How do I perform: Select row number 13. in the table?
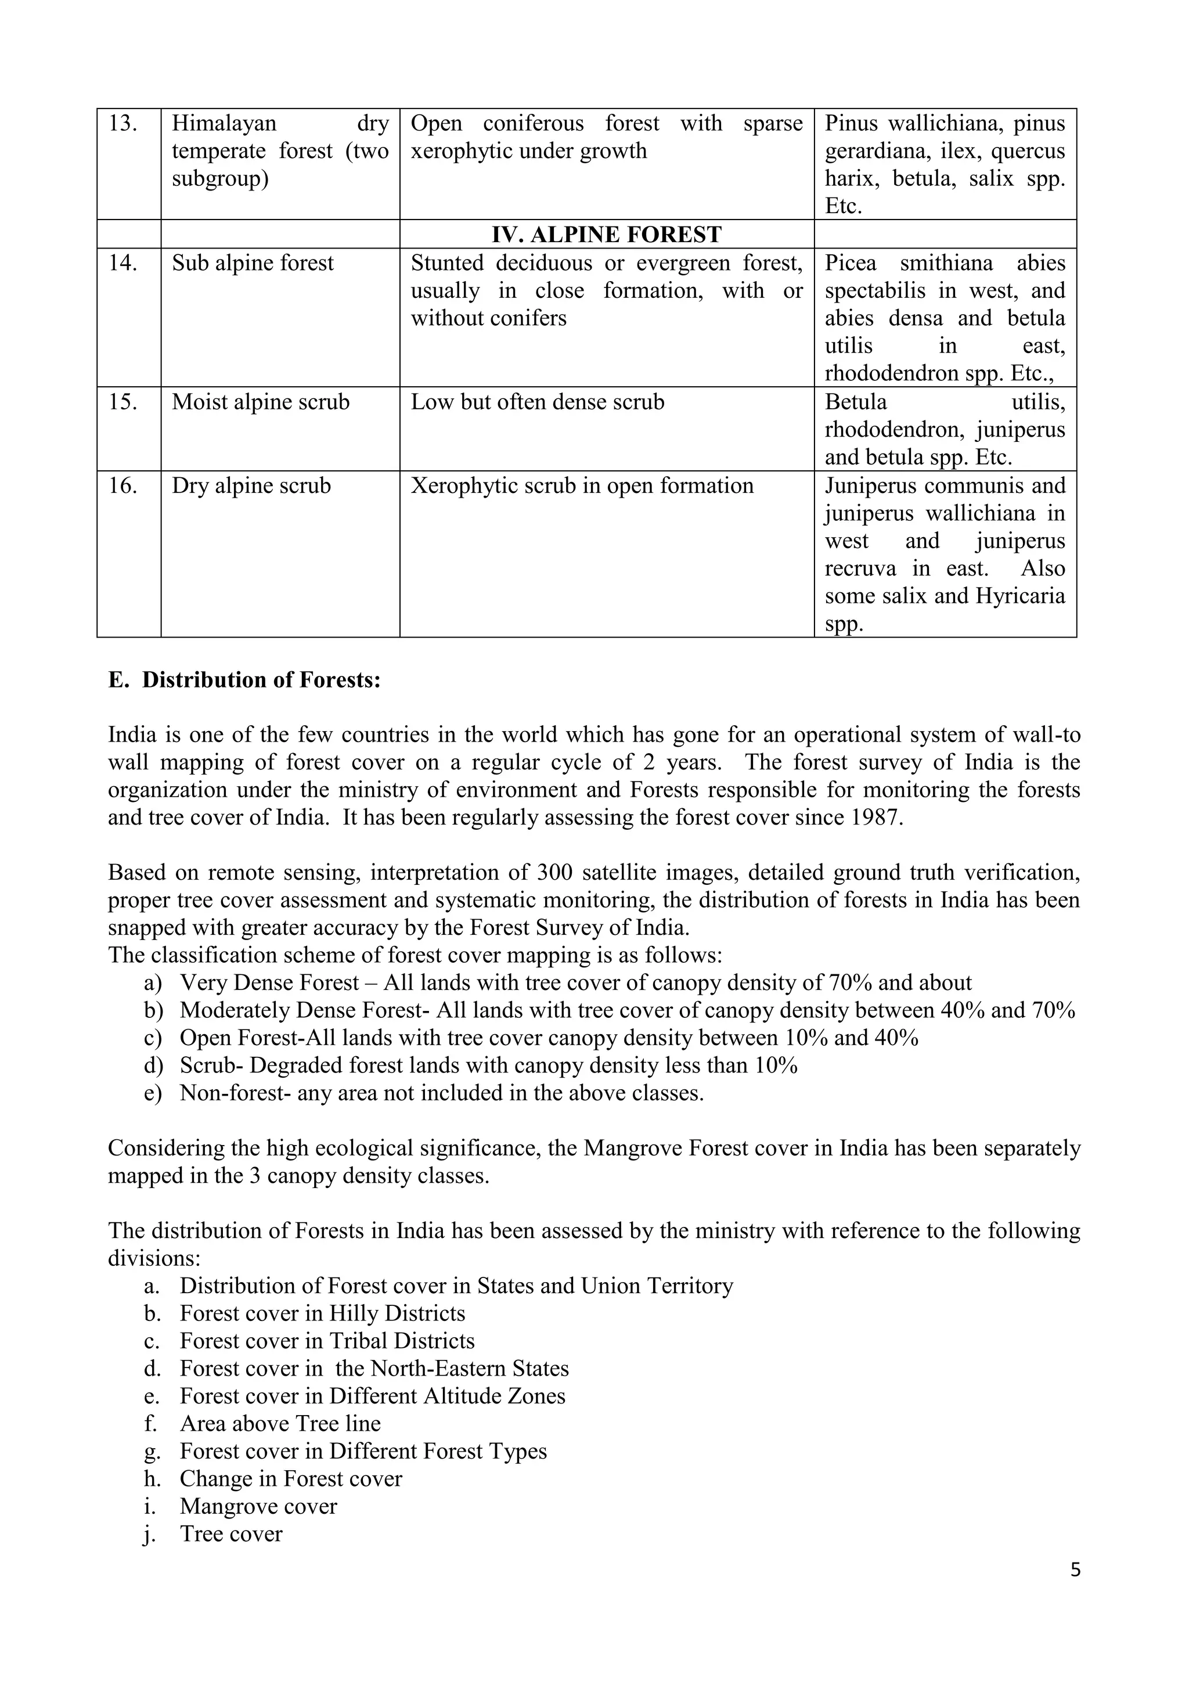tap(123, 123)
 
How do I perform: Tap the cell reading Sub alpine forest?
tap(253, 263)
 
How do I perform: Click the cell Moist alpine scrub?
tap(261, 402)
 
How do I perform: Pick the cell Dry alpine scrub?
tap(251, 486)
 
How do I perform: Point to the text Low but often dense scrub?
tap(538, 402)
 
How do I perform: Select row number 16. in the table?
tap(123, 486)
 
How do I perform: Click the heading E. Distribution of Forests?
tap(244, 680)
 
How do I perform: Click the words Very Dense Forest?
tap(269, 983)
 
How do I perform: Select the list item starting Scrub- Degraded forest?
tap(488, 1066)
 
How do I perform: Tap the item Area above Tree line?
tap(280, 1424)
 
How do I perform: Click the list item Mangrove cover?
tap(258, 1507)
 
